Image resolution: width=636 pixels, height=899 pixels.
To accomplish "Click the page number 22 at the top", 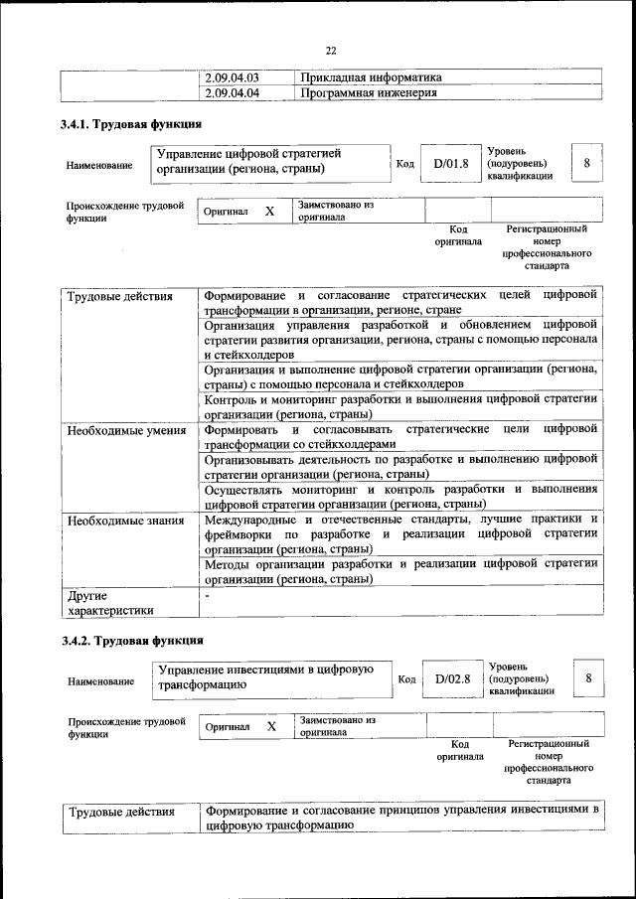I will click(x=332, y=51).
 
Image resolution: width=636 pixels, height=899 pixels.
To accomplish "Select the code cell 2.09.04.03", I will click(x=231, y=77).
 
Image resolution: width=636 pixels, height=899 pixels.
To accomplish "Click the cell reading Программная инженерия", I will click(x=369, y=93).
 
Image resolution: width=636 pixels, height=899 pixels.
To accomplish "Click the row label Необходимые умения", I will click(x=126, y=431).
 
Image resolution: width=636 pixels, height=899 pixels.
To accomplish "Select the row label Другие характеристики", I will click(x=110, y=603).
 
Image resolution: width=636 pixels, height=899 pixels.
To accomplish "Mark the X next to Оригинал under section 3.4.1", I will click(x=269, y=212).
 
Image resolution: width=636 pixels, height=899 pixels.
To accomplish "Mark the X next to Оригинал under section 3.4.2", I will click(x=271, y=727).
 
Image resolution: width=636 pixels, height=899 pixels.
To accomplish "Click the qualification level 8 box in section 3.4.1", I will click(x=587, y=162).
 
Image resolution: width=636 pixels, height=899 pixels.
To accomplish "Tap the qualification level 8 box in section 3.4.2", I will click(x=589, y=677).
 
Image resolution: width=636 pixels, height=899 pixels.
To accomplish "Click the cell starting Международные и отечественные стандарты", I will click(x=400, y=533).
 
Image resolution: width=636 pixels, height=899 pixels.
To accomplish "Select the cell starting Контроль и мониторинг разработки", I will click(x=400, y=406).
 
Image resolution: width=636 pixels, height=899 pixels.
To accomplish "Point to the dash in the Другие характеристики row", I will click(x=207, y=596).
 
